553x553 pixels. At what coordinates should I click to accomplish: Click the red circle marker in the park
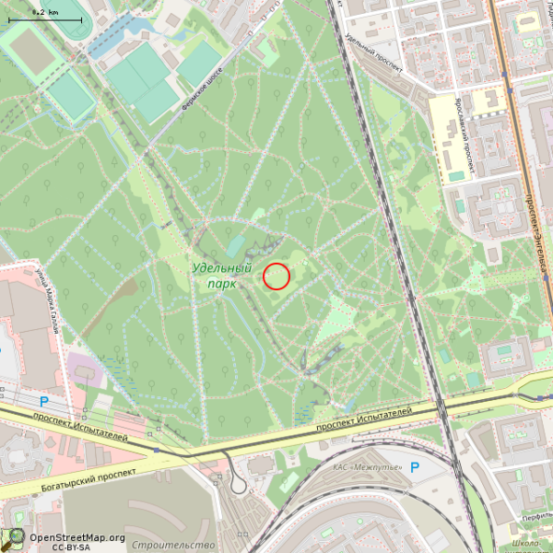pyautogui.click(x=276, y=276)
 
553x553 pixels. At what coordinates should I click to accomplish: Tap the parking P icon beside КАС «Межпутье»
pyautogui.click(x=415, y=468)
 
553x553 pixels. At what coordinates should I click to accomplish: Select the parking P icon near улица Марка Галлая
pyautogui.click(x=43, y=402)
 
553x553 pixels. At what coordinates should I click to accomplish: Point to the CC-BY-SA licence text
pyautogui.click(x=70, y=547)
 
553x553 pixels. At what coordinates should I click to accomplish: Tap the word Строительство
pyautogui.click(x=166, y=546)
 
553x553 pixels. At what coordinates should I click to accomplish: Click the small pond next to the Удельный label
pyautogui.click(x=237, y=245)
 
